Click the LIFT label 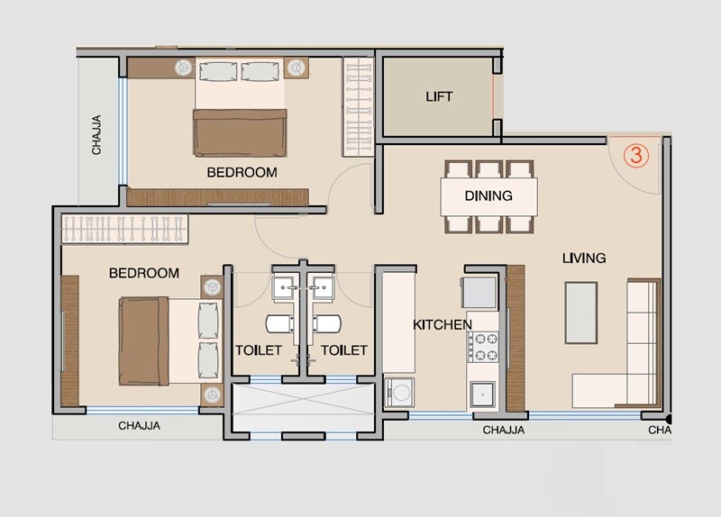(439, 96)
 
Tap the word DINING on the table (488, 195)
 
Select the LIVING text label (584, 258)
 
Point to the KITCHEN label (442, 324)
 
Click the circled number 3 (636, 154)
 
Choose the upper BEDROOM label (242, 172)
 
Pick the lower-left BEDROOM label (144, 272)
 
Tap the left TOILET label (260, 350)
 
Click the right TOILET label (344, 350)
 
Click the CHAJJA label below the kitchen (504, 431)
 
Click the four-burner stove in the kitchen (482, 348)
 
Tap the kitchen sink (482, 394)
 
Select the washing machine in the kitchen (399, 392)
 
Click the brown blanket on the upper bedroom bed (240, 133)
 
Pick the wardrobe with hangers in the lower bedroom (124, 229)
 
